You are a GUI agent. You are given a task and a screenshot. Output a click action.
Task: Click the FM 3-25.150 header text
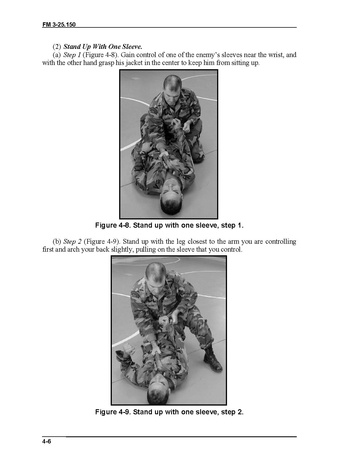59,24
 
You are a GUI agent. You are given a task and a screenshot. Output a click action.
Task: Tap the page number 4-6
46,441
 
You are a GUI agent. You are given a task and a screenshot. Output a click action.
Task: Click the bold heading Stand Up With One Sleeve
103,47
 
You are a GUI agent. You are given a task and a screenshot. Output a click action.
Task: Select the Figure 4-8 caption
169,225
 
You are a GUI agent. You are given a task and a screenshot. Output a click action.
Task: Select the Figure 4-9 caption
169,412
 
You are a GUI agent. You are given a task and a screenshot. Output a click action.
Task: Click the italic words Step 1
72,55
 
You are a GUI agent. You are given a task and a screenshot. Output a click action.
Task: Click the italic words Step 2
72,241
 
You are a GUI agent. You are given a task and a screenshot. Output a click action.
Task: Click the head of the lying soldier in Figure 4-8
170,197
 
